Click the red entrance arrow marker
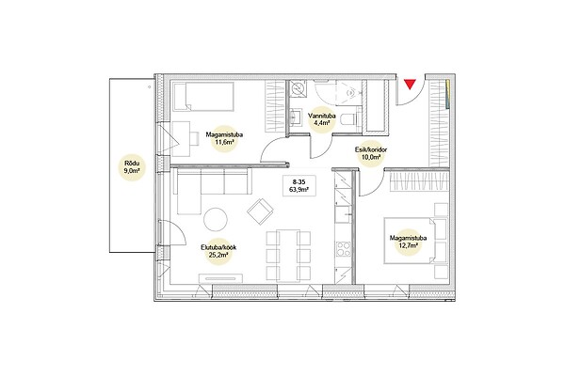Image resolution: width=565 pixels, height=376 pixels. tap(410, 84)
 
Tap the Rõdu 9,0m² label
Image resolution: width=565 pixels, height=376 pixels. tap(132, 166)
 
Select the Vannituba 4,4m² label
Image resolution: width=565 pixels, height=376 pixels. tap(322, 119)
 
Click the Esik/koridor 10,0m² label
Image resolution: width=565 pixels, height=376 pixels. tap(371, 153)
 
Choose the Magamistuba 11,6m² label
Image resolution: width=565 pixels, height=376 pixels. tap(224, 138)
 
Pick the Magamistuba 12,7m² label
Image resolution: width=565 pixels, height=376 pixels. tap(409, 242)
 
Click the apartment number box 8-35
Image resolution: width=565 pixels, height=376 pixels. tap(299, 186)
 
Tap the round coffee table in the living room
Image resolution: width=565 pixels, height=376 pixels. tap(216, 219)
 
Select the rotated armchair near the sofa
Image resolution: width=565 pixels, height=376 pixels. tap(260, 211)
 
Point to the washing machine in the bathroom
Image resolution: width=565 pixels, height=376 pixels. tap(299, 88)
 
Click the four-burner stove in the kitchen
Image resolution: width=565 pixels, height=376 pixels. tap(344, 248)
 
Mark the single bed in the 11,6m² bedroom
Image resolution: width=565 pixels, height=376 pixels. tap(203, 97)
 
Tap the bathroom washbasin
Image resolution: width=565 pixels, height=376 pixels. tap(298, 117)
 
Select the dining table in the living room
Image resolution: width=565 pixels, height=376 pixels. tap(288, 256)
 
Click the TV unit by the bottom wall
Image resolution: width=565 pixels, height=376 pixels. tap(221, 278)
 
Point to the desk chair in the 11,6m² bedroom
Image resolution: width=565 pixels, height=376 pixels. tap(194, 138)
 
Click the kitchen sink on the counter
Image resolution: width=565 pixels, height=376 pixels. tap(343, 213)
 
